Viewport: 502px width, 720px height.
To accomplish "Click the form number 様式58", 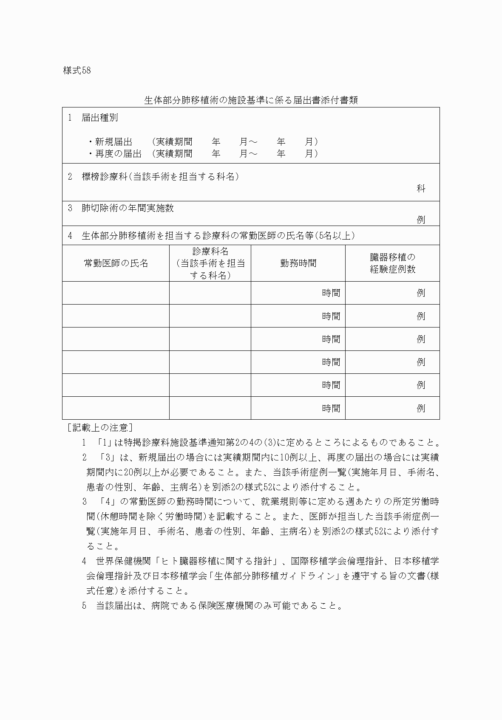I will [77, 71].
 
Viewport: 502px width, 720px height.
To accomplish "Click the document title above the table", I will [251, 100].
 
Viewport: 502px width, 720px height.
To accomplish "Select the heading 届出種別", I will [99, 118].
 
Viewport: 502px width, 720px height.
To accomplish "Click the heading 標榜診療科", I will [105, 177].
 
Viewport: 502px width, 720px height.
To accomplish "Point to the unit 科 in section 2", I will [421, 189].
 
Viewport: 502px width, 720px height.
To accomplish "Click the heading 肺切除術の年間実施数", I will [128, 208].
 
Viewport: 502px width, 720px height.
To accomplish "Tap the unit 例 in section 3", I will [421, 220].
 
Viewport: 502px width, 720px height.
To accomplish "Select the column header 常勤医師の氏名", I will [116, 263].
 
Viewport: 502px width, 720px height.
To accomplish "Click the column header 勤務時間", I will [298, 263].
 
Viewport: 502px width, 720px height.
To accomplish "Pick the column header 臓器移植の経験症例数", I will [392, 263].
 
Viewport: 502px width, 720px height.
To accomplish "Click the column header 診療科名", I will [210, 251].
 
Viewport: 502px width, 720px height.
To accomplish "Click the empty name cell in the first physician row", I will [116, 293].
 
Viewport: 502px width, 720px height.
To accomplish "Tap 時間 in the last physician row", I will [331, 408].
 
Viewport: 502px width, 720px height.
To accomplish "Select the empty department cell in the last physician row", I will [210, 408].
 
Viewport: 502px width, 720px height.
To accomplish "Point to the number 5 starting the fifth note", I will [84, 606].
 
